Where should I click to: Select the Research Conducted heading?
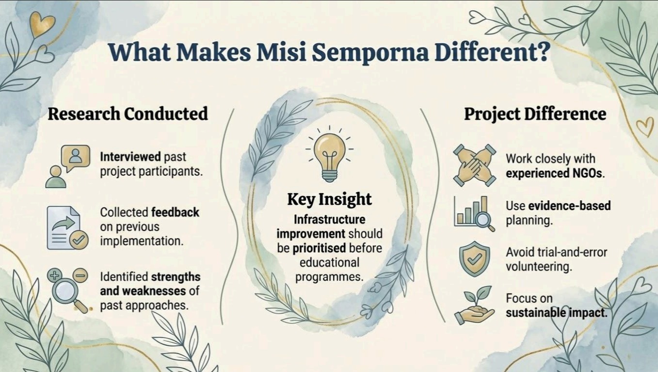(x=128, y=114)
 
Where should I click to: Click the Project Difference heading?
(x=535, y=114)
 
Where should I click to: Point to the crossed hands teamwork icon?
(x=474, y=165)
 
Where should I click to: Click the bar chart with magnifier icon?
(x=474, y=214)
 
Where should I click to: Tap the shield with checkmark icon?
(x=474, y=259)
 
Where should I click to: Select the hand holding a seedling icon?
(x=474, y=305)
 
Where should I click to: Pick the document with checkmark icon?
(x=67, y=228)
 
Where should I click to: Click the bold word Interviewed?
(x=130, y=157)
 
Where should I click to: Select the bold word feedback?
(x=175, y=212)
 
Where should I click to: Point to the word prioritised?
(x=319, y=248)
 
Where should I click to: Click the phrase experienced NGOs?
(x=554, y=173)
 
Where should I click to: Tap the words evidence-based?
(x=569, y=206)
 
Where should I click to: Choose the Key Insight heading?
(x=329, y=199)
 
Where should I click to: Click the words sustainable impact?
(x=556, y=313)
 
